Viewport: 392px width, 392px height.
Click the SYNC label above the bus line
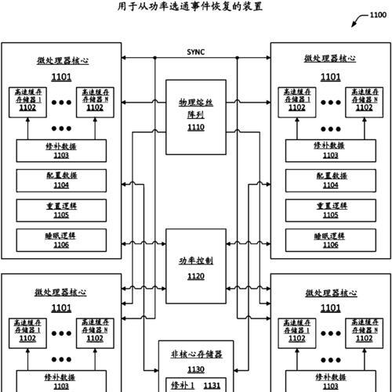(196, 52)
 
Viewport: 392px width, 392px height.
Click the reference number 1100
(378, 15)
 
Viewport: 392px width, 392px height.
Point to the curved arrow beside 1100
(359, 20)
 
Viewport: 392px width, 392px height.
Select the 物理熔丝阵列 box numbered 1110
(196, 117)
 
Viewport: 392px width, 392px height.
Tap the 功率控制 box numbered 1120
(196, 266)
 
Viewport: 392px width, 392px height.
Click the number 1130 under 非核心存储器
(196, 369)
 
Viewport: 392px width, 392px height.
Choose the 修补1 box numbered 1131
(196, 385)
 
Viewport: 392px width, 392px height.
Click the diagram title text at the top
(190, 6)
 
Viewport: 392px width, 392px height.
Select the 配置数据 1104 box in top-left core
(61, 181)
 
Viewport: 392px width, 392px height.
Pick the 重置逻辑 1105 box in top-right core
(331, 210)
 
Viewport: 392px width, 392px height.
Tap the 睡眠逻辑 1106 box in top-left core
(61, 240)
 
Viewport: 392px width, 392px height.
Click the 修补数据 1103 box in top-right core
(331, 151)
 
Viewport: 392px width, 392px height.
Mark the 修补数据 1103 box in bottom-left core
(61, 381)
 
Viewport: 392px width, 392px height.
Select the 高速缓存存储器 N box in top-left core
(95, 102)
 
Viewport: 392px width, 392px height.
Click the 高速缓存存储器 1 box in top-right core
(297, 102)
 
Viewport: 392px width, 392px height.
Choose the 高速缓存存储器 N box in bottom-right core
(365, 333)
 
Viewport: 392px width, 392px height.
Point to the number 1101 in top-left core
(61, 77)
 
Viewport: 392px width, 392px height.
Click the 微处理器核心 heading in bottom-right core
(331, 293)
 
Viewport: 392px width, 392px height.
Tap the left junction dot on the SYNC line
(154, 58)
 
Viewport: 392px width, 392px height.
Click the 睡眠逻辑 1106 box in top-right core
(331, 240)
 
